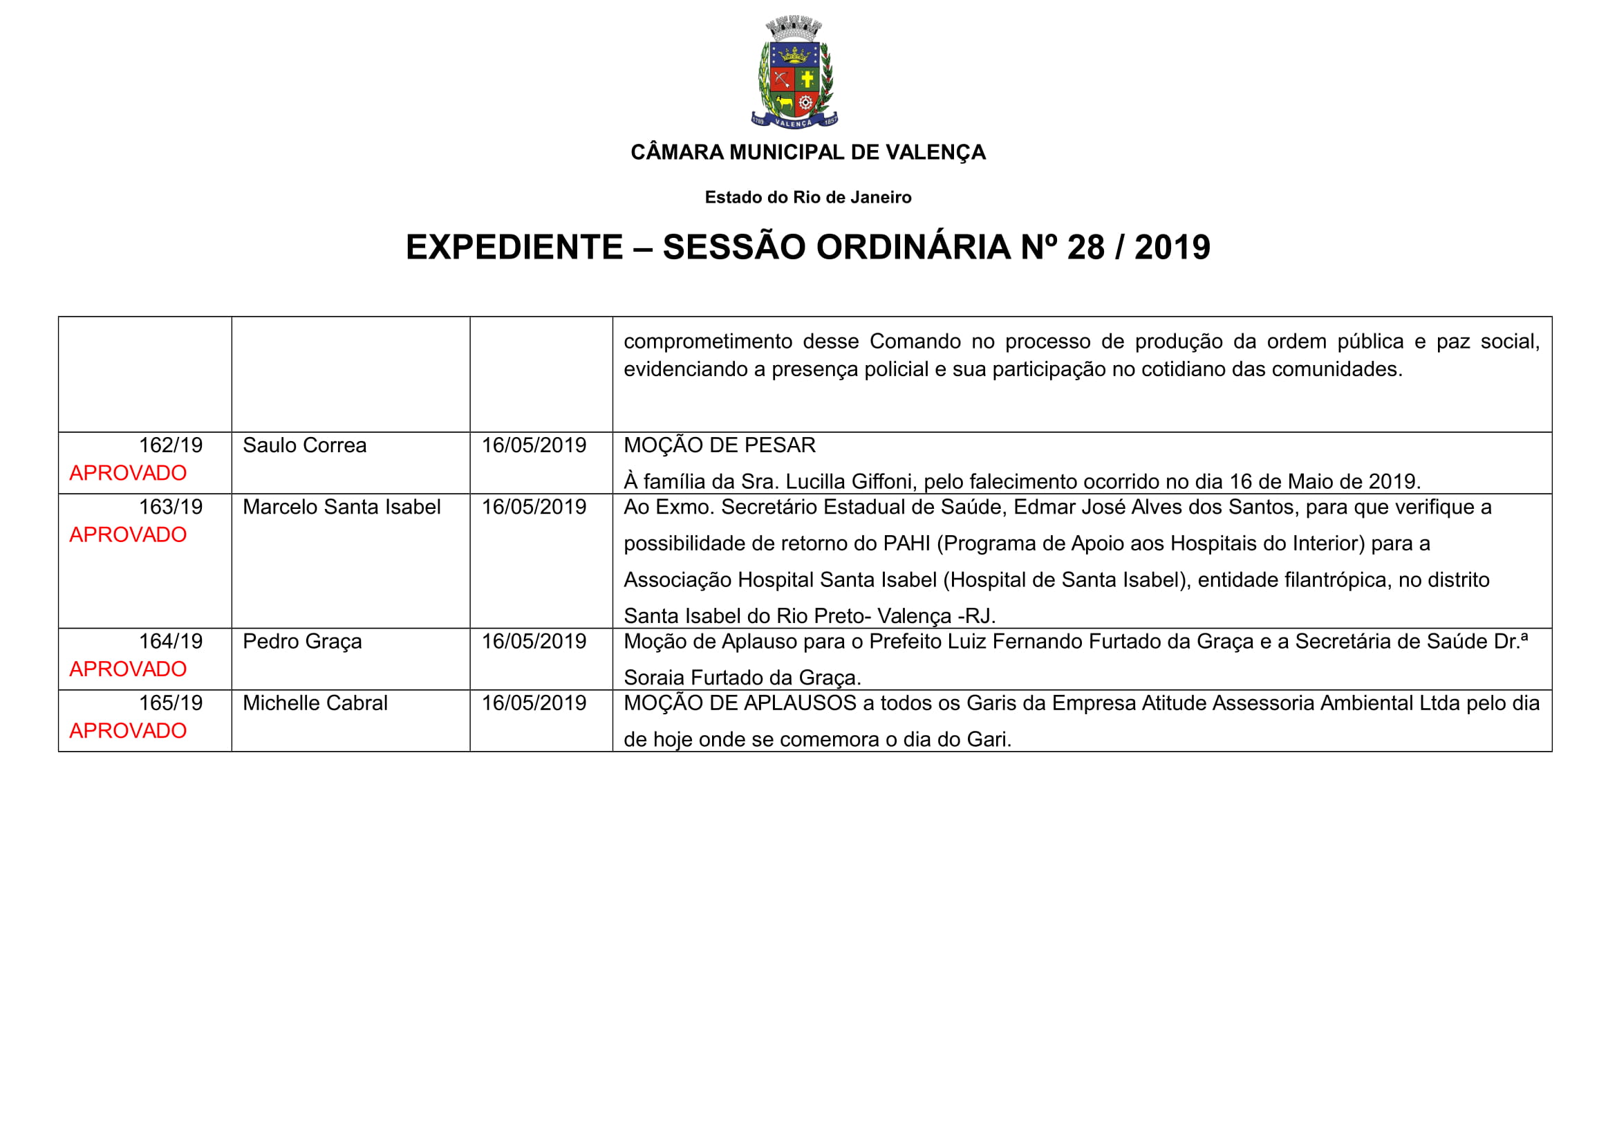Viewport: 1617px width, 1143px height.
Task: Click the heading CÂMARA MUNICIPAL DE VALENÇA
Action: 807,152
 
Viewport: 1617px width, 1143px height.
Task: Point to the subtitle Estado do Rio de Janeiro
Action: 807,197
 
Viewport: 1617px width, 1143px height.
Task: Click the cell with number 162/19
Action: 171,445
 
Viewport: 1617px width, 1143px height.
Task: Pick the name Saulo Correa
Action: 304,445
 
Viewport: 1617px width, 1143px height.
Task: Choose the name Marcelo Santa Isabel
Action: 342,507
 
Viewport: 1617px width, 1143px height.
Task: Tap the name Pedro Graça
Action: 302,642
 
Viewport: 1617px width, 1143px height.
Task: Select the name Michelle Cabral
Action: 315,703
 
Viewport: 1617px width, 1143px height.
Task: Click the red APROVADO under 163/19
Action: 127,535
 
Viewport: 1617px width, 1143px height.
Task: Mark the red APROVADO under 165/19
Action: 127,731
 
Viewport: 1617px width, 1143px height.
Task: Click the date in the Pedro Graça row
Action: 534,642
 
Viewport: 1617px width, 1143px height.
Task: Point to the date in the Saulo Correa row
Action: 534,445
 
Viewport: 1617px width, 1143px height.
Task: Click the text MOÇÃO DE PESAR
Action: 719,445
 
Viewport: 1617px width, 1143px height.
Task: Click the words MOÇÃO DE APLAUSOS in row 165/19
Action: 740,703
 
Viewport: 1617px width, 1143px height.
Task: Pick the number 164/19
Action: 171,642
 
